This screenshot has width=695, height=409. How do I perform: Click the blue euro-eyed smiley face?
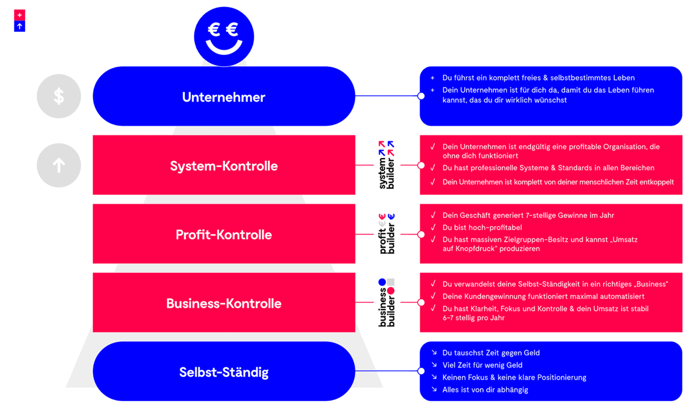point(224,36)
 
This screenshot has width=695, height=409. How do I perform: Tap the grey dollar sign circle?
point(59,96)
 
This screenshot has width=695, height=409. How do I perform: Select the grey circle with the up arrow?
point(59,165)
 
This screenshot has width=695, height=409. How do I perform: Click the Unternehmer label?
point(223,97)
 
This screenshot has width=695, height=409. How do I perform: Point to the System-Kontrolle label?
point(224,166)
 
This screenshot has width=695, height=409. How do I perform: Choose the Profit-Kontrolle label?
point(224,235)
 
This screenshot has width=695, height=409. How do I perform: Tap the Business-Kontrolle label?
point(224,303)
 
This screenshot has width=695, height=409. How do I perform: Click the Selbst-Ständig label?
point(224,372)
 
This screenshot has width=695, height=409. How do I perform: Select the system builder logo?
point(387,165)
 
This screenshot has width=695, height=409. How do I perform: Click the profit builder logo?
point(387,234)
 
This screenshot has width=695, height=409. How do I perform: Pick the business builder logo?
point(387,302)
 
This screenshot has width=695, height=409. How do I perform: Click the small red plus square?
point(19,15)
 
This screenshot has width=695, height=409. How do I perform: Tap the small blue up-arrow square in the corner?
point(19,26)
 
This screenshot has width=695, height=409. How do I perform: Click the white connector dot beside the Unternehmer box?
point(421,96)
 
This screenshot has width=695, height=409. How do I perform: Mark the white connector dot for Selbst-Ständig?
point(421,371)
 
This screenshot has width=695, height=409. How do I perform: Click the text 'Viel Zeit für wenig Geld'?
point(482,365)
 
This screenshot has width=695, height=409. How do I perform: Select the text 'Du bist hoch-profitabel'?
point(482,228)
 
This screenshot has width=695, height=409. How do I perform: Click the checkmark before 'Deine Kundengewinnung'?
point(433,296)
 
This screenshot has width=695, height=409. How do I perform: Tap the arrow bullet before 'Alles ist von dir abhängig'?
point(434,389)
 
